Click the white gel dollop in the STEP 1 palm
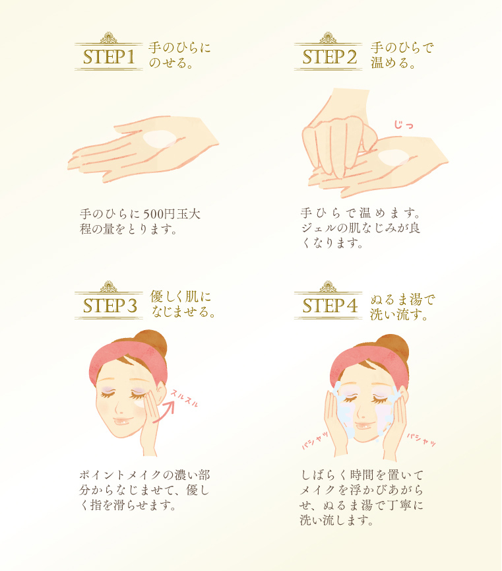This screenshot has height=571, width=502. [x=160, y=139]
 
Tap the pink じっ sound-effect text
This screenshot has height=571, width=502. [x=404, y=125]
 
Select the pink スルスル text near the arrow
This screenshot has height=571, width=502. [x=185, y=398]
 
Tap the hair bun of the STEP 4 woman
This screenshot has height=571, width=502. [x=392, y=347]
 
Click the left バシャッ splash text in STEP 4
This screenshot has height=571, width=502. [x=315, y=440]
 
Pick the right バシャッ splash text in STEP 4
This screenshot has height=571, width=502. [x=421, y=440]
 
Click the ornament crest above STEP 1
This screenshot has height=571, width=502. [x=108, y=38]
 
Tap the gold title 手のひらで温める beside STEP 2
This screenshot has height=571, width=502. [x=402, y=55]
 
